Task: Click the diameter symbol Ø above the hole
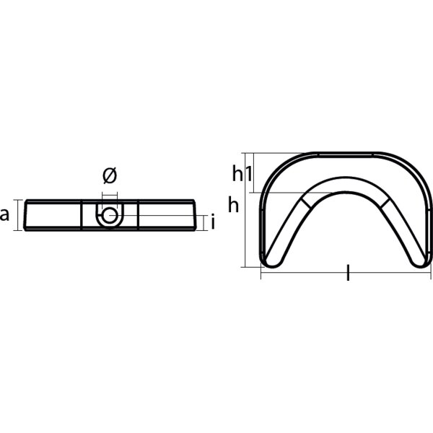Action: [109, 175]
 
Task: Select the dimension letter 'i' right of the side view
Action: [213, 223]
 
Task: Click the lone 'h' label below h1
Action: [233, 206]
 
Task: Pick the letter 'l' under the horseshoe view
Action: [348, 273]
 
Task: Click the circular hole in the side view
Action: [109, 216]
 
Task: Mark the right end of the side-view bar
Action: [194, 215]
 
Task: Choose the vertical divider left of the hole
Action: [82, 215]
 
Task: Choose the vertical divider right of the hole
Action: [138, 215]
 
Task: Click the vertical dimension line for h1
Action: [250, 172]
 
